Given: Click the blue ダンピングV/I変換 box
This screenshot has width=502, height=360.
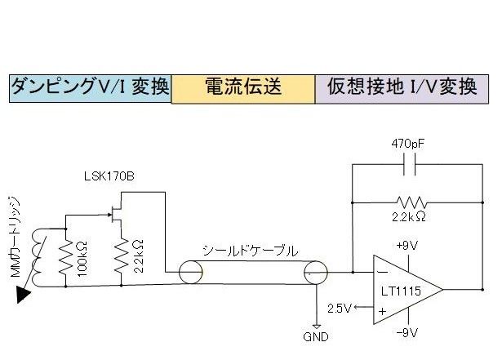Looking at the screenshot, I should click(89, 87).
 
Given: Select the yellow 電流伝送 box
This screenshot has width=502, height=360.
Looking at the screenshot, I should click(243, 87).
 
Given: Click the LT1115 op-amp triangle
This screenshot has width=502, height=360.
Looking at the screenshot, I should click(405, 287).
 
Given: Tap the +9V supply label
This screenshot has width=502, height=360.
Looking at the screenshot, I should click(407, 244).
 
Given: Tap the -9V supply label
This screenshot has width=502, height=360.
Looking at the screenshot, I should click(407, 334).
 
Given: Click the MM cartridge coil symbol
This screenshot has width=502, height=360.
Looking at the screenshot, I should click(37, 252).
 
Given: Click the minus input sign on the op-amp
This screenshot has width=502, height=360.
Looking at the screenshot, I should click(381, 272).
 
